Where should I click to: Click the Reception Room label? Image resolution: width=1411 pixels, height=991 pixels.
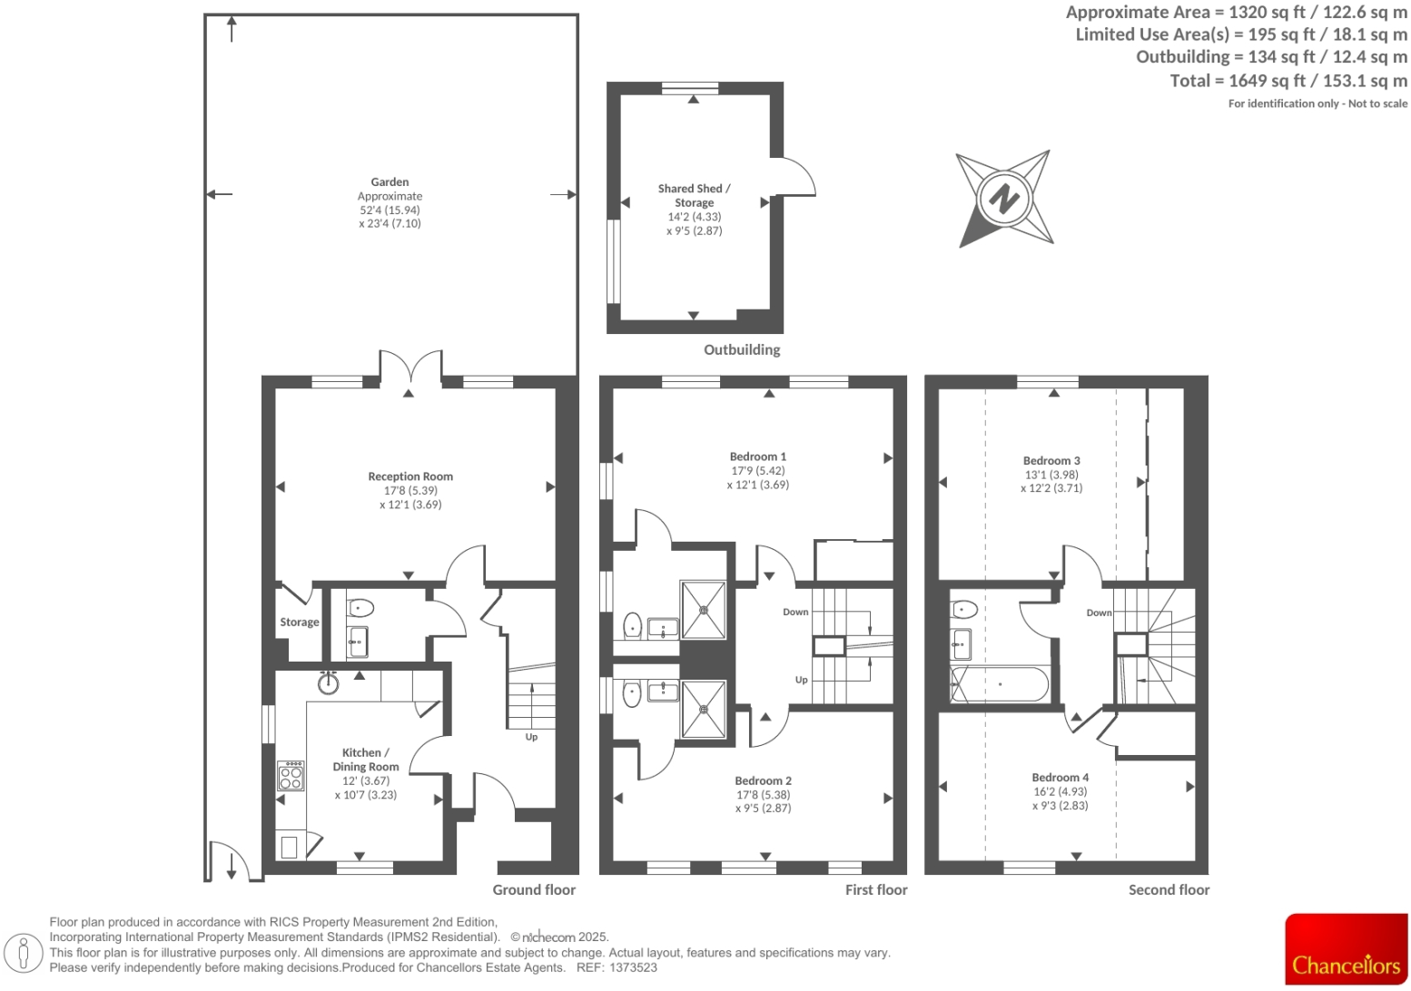[x=410, y=476]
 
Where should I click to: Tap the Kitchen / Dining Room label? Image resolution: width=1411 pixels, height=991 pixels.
[x=365, y=760]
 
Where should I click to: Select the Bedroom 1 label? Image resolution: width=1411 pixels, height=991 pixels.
[x=757, y=456]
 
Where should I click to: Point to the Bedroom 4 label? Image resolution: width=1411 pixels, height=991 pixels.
[x=1060, y=778]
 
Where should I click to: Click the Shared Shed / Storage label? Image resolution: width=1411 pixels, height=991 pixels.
[x=694, y=195]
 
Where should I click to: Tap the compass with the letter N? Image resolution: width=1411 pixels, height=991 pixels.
[x=1003, y=198]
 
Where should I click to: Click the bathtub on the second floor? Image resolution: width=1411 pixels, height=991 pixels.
[x=999, y=684]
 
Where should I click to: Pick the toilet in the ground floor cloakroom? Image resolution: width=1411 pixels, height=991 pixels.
[x=360, y=607]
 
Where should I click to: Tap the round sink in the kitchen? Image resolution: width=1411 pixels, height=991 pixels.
[x=328, y=682]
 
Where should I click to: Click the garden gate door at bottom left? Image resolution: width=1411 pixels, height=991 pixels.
[x=225, y=860]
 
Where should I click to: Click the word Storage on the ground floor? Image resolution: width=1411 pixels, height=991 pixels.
[x=299, y=623]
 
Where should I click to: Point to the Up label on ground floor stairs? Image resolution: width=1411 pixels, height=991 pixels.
[x=531, y=737]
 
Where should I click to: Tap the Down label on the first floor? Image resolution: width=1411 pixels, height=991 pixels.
[x=795, y=612]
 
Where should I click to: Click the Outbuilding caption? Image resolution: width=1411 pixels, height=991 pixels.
[x=741, y=349]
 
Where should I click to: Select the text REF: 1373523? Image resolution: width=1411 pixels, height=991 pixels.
[x=617, y=967]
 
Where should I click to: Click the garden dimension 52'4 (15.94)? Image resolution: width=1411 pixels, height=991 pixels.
[x=390, y=210]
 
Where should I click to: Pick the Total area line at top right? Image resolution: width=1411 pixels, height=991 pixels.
[x=1288, y=81]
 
